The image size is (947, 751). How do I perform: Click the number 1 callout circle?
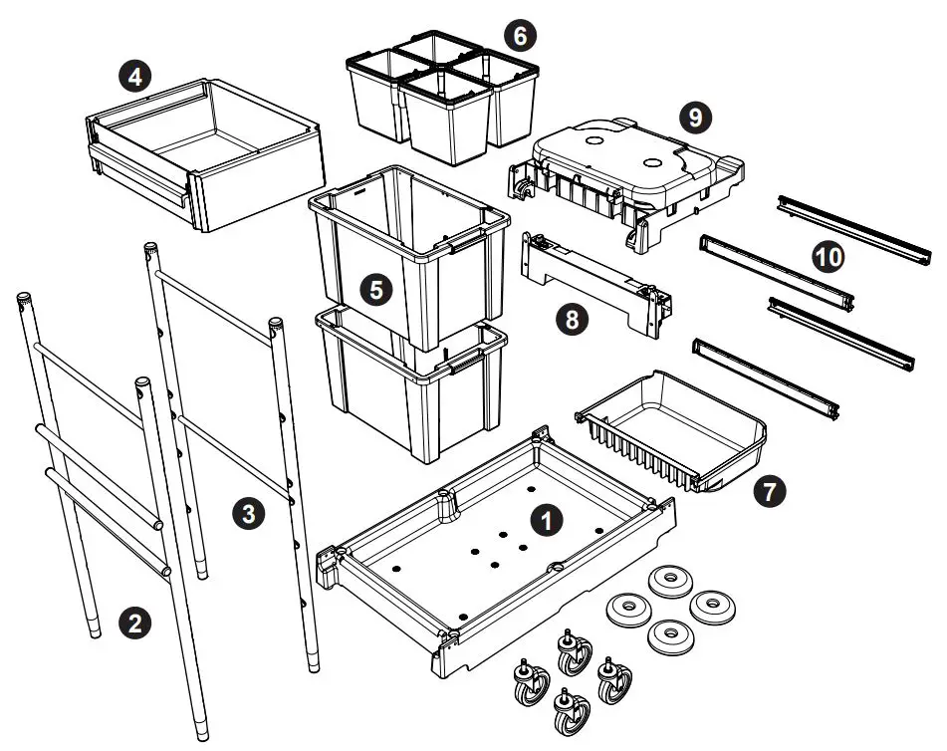click(x=543, y=518)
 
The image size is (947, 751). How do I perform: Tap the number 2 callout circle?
click(x=134, y=624)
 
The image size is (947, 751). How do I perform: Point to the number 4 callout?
click(x=133, y=76)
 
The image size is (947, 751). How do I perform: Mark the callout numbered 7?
click(x=769, y=490)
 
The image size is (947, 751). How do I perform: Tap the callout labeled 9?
click(x=695, y=117)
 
